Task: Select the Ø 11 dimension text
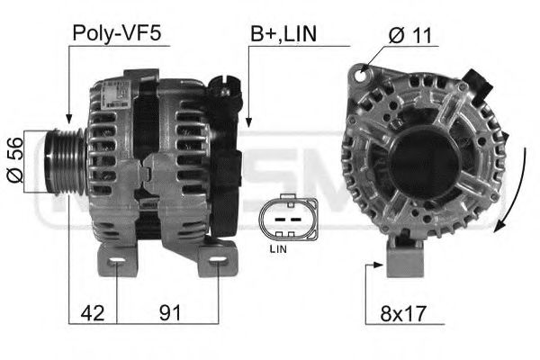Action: pos(410,34)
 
